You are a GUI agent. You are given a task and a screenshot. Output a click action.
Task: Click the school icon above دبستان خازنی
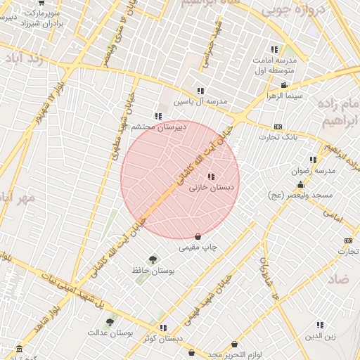(x=211, y=176)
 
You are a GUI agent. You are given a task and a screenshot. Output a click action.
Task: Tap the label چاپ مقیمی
(x=199, y=247)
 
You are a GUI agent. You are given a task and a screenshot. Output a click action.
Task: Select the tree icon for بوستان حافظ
(x=153, y=259)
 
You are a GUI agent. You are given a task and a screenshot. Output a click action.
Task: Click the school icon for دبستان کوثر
(x=163, y=327)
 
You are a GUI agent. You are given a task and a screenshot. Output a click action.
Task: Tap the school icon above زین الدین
(x=320, y=325)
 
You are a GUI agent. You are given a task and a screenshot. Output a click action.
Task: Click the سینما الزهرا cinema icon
(x=283, y=86)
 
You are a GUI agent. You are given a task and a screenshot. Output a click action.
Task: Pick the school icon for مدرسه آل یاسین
(x=200, y=91)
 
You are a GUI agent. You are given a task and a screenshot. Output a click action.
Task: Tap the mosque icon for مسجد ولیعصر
(x=301, y=183)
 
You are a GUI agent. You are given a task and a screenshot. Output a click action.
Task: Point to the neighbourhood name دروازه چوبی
(x=289, y=12)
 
